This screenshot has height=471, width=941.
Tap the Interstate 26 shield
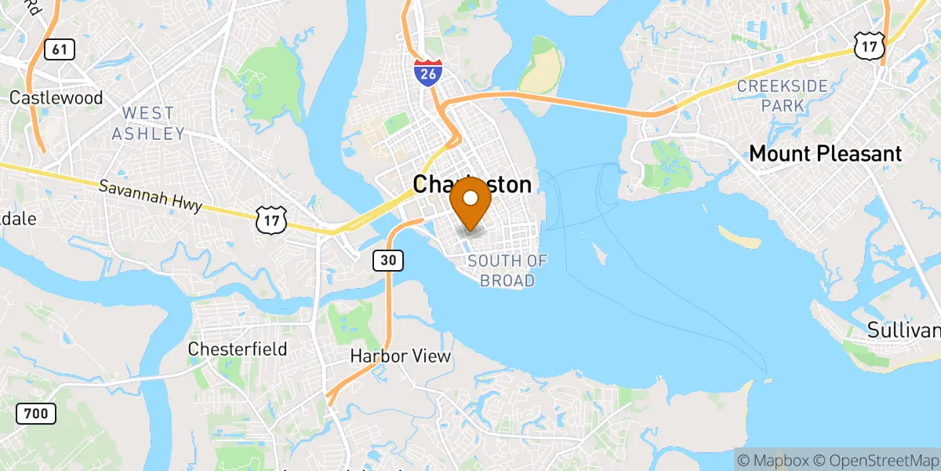click(x=427, y=72)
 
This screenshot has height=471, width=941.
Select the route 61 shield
click(x=59, y=49)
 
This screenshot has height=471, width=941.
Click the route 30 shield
click(x=388, y=260)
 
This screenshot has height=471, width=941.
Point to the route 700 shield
click(x=35, y=413)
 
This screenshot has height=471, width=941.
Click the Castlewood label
click(x=56, y=98)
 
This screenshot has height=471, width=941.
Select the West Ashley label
click(x=147, y=124)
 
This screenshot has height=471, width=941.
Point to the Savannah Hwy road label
click(x=151, y=197)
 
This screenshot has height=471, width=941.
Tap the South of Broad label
click(x=507, y=271)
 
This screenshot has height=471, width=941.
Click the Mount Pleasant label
click(x=826, y=154)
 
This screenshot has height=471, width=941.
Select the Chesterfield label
click(x=238, y=349)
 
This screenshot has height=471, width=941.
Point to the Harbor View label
click(x=400, y=356)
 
